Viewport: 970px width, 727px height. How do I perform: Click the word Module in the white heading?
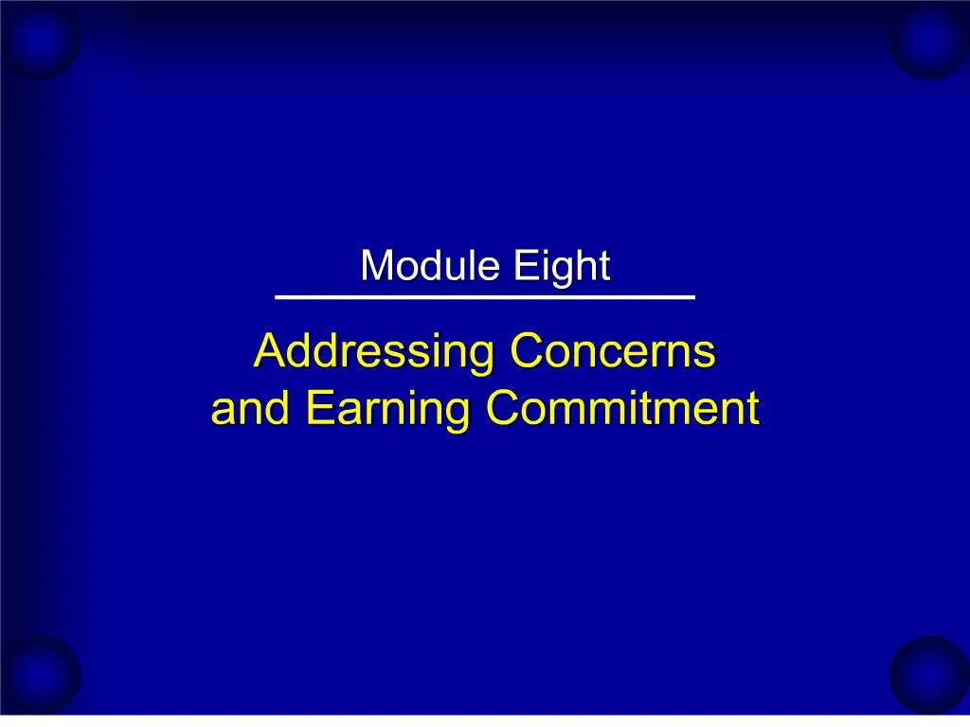pyautogui.click(x=431, y=266)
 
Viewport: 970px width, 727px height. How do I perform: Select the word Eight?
pyautogui.click(x=562, y=268)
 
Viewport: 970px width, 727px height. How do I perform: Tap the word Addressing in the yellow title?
pyautogui.click(x=374, y=353)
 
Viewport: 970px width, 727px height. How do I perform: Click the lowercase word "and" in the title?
pyautogui.click(x=246, y=409)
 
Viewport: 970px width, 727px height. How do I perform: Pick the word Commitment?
pyautogui.click(x=622, y=409)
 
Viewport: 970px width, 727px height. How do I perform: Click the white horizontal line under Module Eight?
pyautogui.click(x=485, y=297)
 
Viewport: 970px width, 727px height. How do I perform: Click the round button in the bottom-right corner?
pyautogui.click(x=930, y=674)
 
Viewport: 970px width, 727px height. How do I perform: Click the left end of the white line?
pyautogui.click(x=277, y=297)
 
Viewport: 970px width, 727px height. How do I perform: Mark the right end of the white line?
pyautogui.click(x=693, y=297)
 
